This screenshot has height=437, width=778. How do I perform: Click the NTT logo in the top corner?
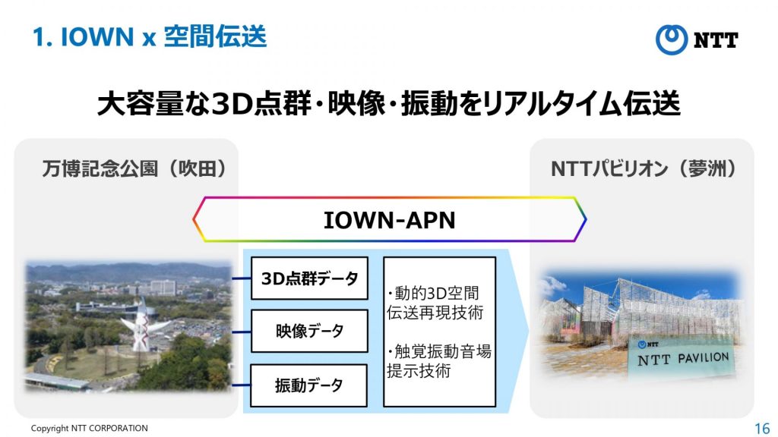pyautogui.click(x=697, y=39)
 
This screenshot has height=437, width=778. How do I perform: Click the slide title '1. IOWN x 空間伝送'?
pyautogui.click(x=150, y=37)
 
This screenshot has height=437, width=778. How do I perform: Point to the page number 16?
pyautogui.click(x=761, y=428)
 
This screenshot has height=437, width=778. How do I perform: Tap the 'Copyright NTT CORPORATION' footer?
pyautogui.click(x=90, y=428)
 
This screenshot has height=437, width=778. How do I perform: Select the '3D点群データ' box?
pyautogui.click(x=310, y=278)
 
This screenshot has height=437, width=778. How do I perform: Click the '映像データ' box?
pyautogui.click(x=310, y=331)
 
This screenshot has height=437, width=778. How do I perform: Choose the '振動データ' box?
pyautogui.click(x=309, y=385)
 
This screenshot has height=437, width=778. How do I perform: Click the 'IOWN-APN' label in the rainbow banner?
pyautogui.click(x=390, y=220)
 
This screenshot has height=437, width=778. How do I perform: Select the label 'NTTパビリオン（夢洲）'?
pyautogui.click(x=644, y=169)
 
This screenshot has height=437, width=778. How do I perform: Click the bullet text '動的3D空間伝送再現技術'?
pyautogui.click(x=435, y=303)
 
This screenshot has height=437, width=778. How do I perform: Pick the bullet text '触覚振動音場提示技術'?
pyautogui.click(x=438, y=360)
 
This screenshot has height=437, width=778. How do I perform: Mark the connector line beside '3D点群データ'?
pyautogui.click(x=242, y=278)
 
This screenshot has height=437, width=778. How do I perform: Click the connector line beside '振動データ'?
pyautogui.click(x=241, y=385)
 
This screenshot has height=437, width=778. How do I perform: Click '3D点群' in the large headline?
pyautogui.click(x=261, y=103)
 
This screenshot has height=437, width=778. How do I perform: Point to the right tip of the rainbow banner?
pyautogui.click(x=587, y=219)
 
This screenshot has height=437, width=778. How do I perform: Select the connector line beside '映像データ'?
pyautogui.click(x=242, y=332)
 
